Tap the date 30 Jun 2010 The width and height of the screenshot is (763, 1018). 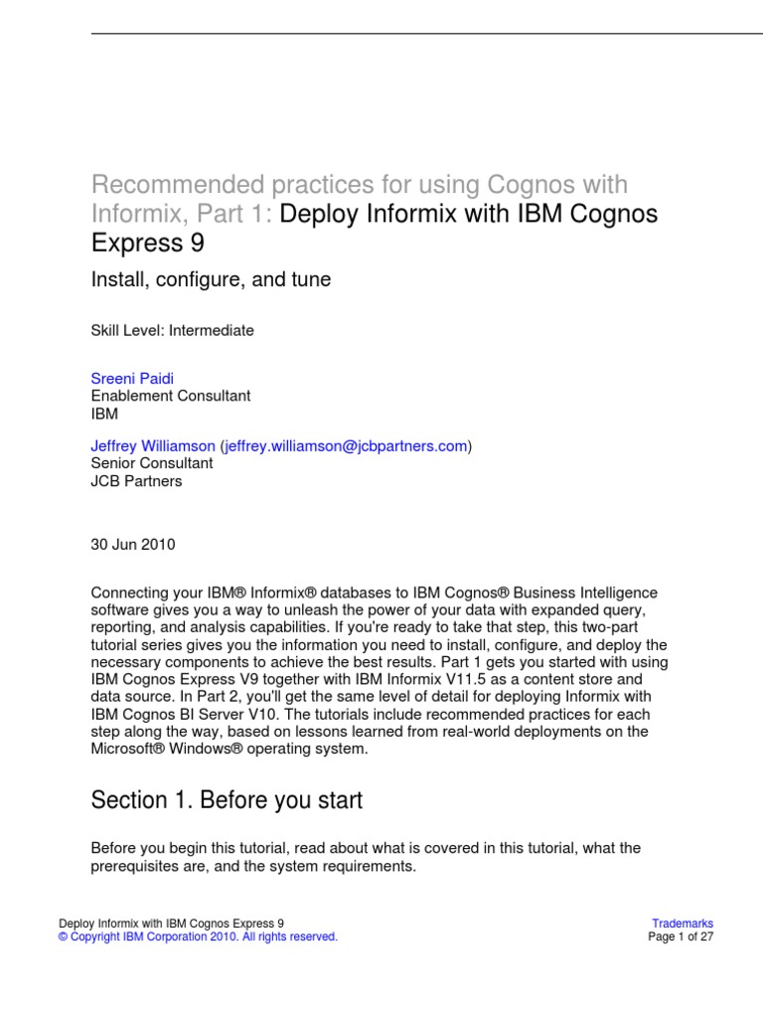coord(133,544)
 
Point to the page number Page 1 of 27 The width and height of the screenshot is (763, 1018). coord(681,936)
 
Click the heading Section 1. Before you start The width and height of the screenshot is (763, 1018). coord(227,800)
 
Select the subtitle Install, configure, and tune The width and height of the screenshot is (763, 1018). coord(211,280)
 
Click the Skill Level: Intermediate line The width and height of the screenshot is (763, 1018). coord(172,331)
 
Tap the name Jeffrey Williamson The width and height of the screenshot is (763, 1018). coord(153,446)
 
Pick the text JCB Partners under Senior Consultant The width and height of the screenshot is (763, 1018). coord(136,481)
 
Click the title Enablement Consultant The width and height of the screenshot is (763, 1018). coord(170,395)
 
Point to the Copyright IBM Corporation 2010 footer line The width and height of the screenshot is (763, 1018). coord(198,936)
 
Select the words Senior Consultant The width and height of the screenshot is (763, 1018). coord(151,463)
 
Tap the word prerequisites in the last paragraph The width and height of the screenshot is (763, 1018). coord(133,866)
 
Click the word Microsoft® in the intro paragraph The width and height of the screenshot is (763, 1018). coord(127,749)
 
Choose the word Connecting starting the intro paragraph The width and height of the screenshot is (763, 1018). coord(126,593)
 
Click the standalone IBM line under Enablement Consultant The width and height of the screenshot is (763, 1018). coord(104,412)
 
